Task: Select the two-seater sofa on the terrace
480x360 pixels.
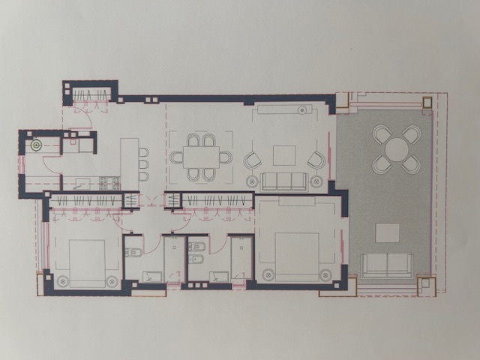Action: (x=387, y=265)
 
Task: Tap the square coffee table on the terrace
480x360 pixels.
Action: (x=387, y=232)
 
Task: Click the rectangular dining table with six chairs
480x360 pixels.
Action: (x=200, y=157)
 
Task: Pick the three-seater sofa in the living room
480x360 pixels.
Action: (x=284, y=181)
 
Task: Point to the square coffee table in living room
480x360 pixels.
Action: (x=284, y=155)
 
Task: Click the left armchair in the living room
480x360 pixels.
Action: (x=252, y=159)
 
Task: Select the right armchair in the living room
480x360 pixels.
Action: (x=316, y=159)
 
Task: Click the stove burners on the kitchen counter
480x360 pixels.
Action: (x=109, y=181)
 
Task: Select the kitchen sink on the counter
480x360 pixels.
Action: (x=79, y=181)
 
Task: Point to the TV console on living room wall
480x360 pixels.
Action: (x=283, y=109)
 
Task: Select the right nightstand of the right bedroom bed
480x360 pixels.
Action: (x=325, y=274)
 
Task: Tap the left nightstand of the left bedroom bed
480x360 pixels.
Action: (x=62, y=281)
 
